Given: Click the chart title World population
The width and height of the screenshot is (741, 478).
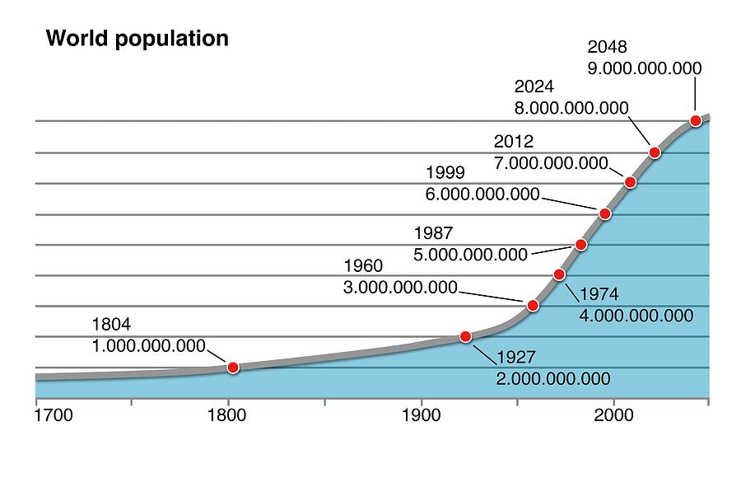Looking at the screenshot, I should click(137, 38).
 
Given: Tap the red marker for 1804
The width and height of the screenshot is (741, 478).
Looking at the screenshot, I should click(233, 367).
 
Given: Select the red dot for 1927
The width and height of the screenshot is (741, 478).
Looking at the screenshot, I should click(465, 336).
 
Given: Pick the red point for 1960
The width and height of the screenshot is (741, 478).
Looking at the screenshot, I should click(533, 306).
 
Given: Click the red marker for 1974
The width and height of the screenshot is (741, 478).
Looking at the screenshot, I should click(560, 274).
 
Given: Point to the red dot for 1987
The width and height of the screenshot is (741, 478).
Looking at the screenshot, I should click(581, 245).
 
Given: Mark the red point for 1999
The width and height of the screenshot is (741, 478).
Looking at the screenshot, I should click(605, 213).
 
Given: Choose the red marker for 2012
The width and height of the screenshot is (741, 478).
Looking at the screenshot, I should click(631, 182).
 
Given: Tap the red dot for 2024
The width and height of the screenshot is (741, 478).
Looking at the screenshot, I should click(655, 152).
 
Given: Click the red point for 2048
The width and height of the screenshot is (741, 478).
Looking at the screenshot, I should click(695, 120).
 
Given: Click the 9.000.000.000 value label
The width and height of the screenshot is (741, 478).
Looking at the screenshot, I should click(645, 68).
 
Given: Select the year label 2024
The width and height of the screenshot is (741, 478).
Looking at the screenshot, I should click(534, 87).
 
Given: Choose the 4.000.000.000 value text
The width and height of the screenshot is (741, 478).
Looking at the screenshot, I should click(636, 316).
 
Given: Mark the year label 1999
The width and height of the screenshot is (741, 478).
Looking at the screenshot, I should click(445, 173).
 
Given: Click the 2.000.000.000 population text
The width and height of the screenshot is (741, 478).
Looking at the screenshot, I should click(553, 378).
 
